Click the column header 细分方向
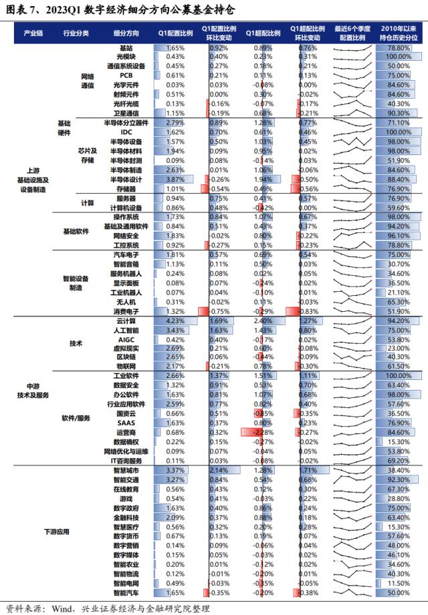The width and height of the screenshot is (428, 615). [x=126, y=33]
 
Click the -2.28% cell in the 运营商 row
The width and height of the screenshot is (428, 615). [x=256, y=433]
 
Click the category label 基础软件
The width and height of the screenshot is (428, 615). [x=77, y=231]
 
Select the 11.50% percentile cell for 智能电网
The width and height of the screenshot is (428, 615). [x=399, y=583]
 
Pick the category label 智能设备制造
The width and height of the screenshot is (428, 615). [x=76, y=284]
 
